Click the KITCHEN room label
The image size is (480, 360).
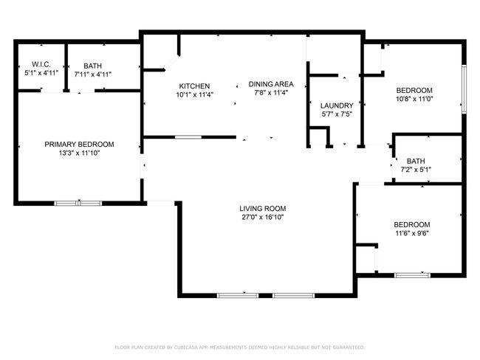tap(194, 86)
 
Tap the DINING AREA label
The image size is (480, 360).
tap(271, 84)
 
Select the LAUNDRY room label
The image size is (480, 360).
tap(337, 105)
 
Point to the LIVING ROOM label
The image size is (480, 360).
tap(263, 209)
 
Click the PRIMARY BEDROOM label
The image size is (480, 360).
tap(79, 145)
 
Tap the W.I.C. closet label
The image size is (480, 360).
tap(41, 64)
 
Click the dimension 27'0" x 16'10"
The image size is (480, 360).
tap(263, 218)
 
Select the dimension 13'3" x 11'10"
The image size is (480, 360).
tap(79, 153)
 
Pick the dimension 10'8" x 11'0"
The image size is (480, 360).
tap(414, 99)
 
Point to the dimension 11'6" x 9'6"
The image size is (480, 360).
tap(412, 233)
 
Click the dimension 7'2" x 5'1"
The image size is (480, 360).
tap(416, 170)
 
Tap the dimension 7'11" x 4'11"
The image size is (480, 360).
tap(93, 75)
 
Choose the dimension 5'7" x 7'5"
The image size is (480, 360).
tap(337, 114)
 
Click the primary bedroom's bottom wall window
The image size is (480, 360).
tap(78, 203)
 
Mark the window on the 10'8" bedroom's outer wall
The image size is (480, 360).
tap(464, 89)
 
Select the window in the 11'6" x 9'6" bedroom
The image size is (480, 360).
tap(412, 275)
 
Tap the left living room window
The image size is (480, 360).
tap(238, 296)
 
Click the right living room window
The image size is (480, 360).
tap(293, 296)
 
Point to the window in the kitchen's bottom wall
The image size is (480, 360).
tap(188, 137)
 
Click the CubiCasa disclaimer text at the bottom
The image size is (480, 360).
tap(240, 347)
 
